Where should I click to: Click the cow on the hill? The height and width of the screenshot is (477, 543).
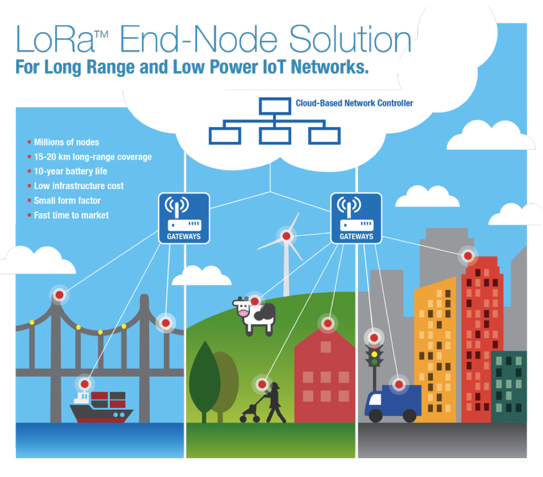[x=255, y=316]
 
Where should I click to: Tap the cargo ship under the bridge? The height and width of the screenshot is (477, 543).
[x=101, y=407]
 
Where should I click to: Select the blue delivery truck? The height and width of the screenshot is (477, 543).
[x=393, y=403]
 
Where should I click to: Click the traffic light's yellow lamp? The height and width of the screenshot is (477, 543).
[x=374, y=355]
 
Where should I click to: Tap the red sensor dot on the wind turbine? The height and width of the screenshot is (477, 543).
[x=286, y=236]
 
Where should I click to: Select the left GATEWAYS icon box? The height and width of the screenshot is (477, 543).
[x=184, y=218]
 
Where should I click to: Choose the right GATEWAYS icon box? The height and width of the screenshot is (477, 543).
[x=356, y=218]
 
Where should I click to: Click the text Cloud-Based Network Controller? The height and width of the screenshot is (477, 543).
[x=355, y=103]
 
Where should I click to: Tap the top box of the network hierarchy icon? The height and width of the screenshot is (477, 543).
[x=275, y=106]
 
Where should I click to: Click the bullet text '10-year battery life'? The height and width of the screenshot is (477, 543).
[x=71, y=171]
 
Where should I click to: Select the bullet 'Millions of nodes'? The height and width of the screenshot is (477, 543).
[x=67, y=142]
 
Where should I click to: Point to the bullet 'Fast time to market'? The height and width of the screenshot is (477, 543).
[x=71, y=215]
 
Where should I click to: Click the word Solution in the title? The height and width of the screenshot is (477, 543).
[x=351, y=39]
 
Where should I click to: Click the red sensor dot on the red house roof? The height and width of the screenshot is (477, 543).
[x=328, y=323]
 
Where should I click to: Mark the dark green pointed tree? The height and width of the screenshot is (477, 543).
[x=205, y=381]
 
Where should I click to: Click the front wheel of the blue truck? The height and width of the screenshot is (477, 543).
[x=376, y=416]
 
